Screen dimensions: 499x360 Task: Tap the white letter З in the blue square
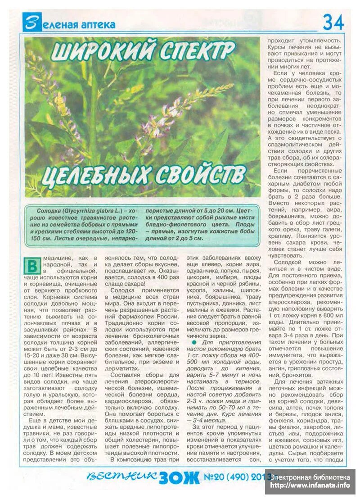coord(30,23)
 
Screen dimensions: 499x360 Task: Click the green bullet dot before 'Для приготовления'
coord(194,342)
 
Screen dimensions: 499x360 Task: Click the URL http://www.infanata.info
coord(310,485)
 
